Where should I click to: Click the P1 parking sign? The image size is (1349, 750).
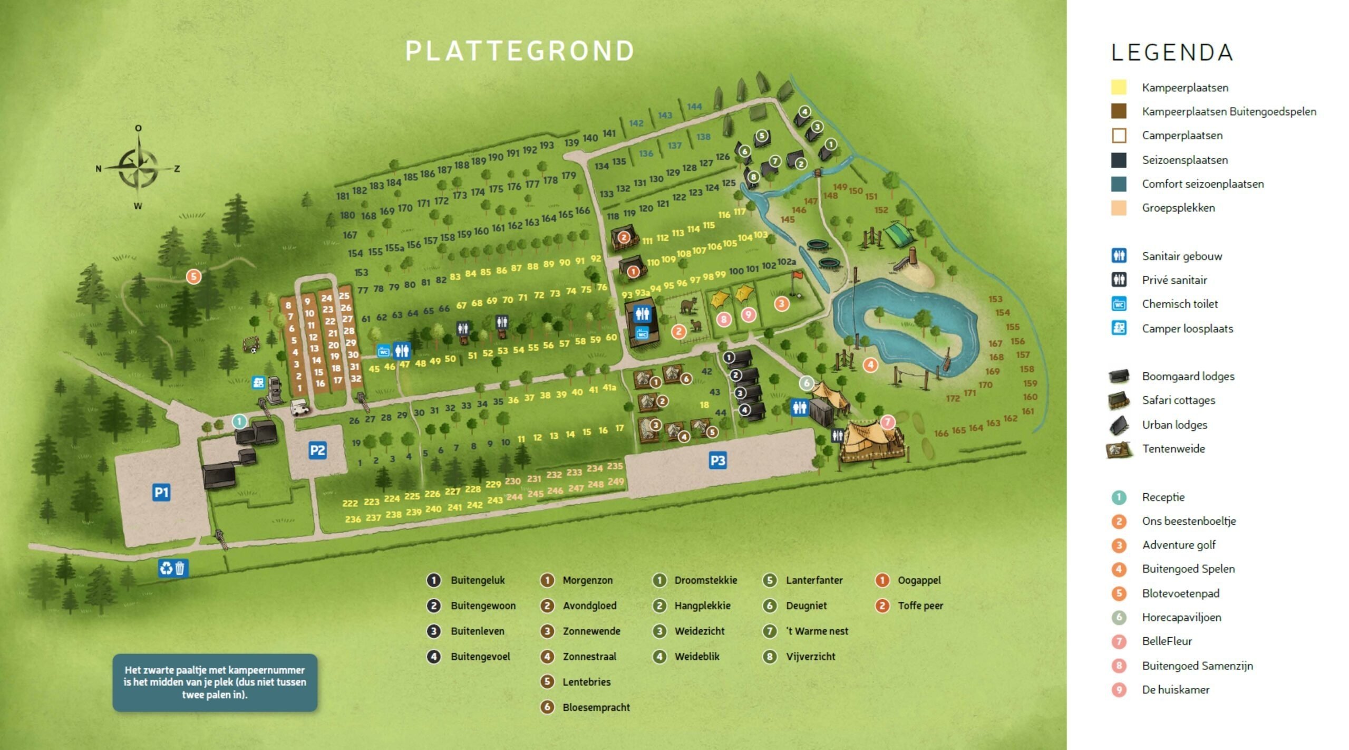pos(161,493)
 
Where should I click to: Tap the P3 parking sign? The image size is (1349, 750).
pos(717,460)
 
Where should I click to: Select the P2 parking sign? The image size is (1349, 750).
pos(317,450)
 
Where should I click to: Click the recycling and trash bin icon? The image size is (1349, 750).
pos(173,568)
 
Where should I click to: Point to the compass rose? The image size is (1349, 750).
pos(138,168)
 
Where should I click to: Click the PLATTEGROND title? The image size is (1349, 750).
pos(519,51)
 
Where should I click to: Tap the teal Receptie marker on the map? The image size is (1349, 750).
pos(239,421)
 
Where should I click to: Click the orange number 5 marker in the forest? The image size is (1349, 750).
pos(193,276)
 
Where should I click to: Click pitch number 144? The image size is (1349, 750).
pos(694,107)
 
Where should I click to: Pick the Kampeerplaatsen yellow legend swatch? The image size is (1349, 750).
pos(1119,88)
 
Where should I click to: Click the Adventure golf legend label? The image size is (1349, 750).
pos(1179,545)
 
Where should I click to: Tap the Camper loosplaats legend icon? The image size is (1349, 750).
pos(1119,328)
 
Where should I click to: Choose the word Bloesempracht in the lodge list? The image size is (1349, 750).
pos(596,707)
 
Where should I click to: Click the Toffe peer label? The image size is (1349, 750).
pos(920,605)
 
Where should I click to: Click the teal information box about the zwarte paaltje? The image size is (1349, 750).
pos(215,682)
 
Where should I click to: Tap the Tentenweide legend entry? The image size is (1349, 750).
pos(1173,449)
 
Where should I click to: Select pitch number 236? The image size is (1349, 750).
pos(353,519)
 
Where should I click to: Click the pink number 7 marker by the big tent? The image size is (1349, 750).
pos(888,422)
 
